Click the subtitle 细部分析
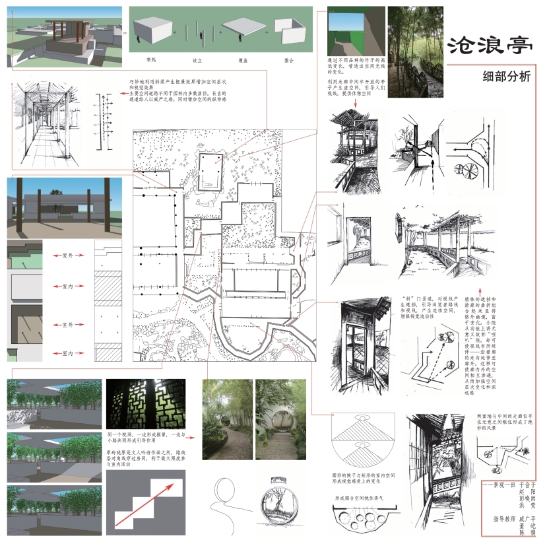point(507,76)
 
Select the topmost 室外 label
point(68,254)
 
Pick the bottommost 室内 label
point(68,353)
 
